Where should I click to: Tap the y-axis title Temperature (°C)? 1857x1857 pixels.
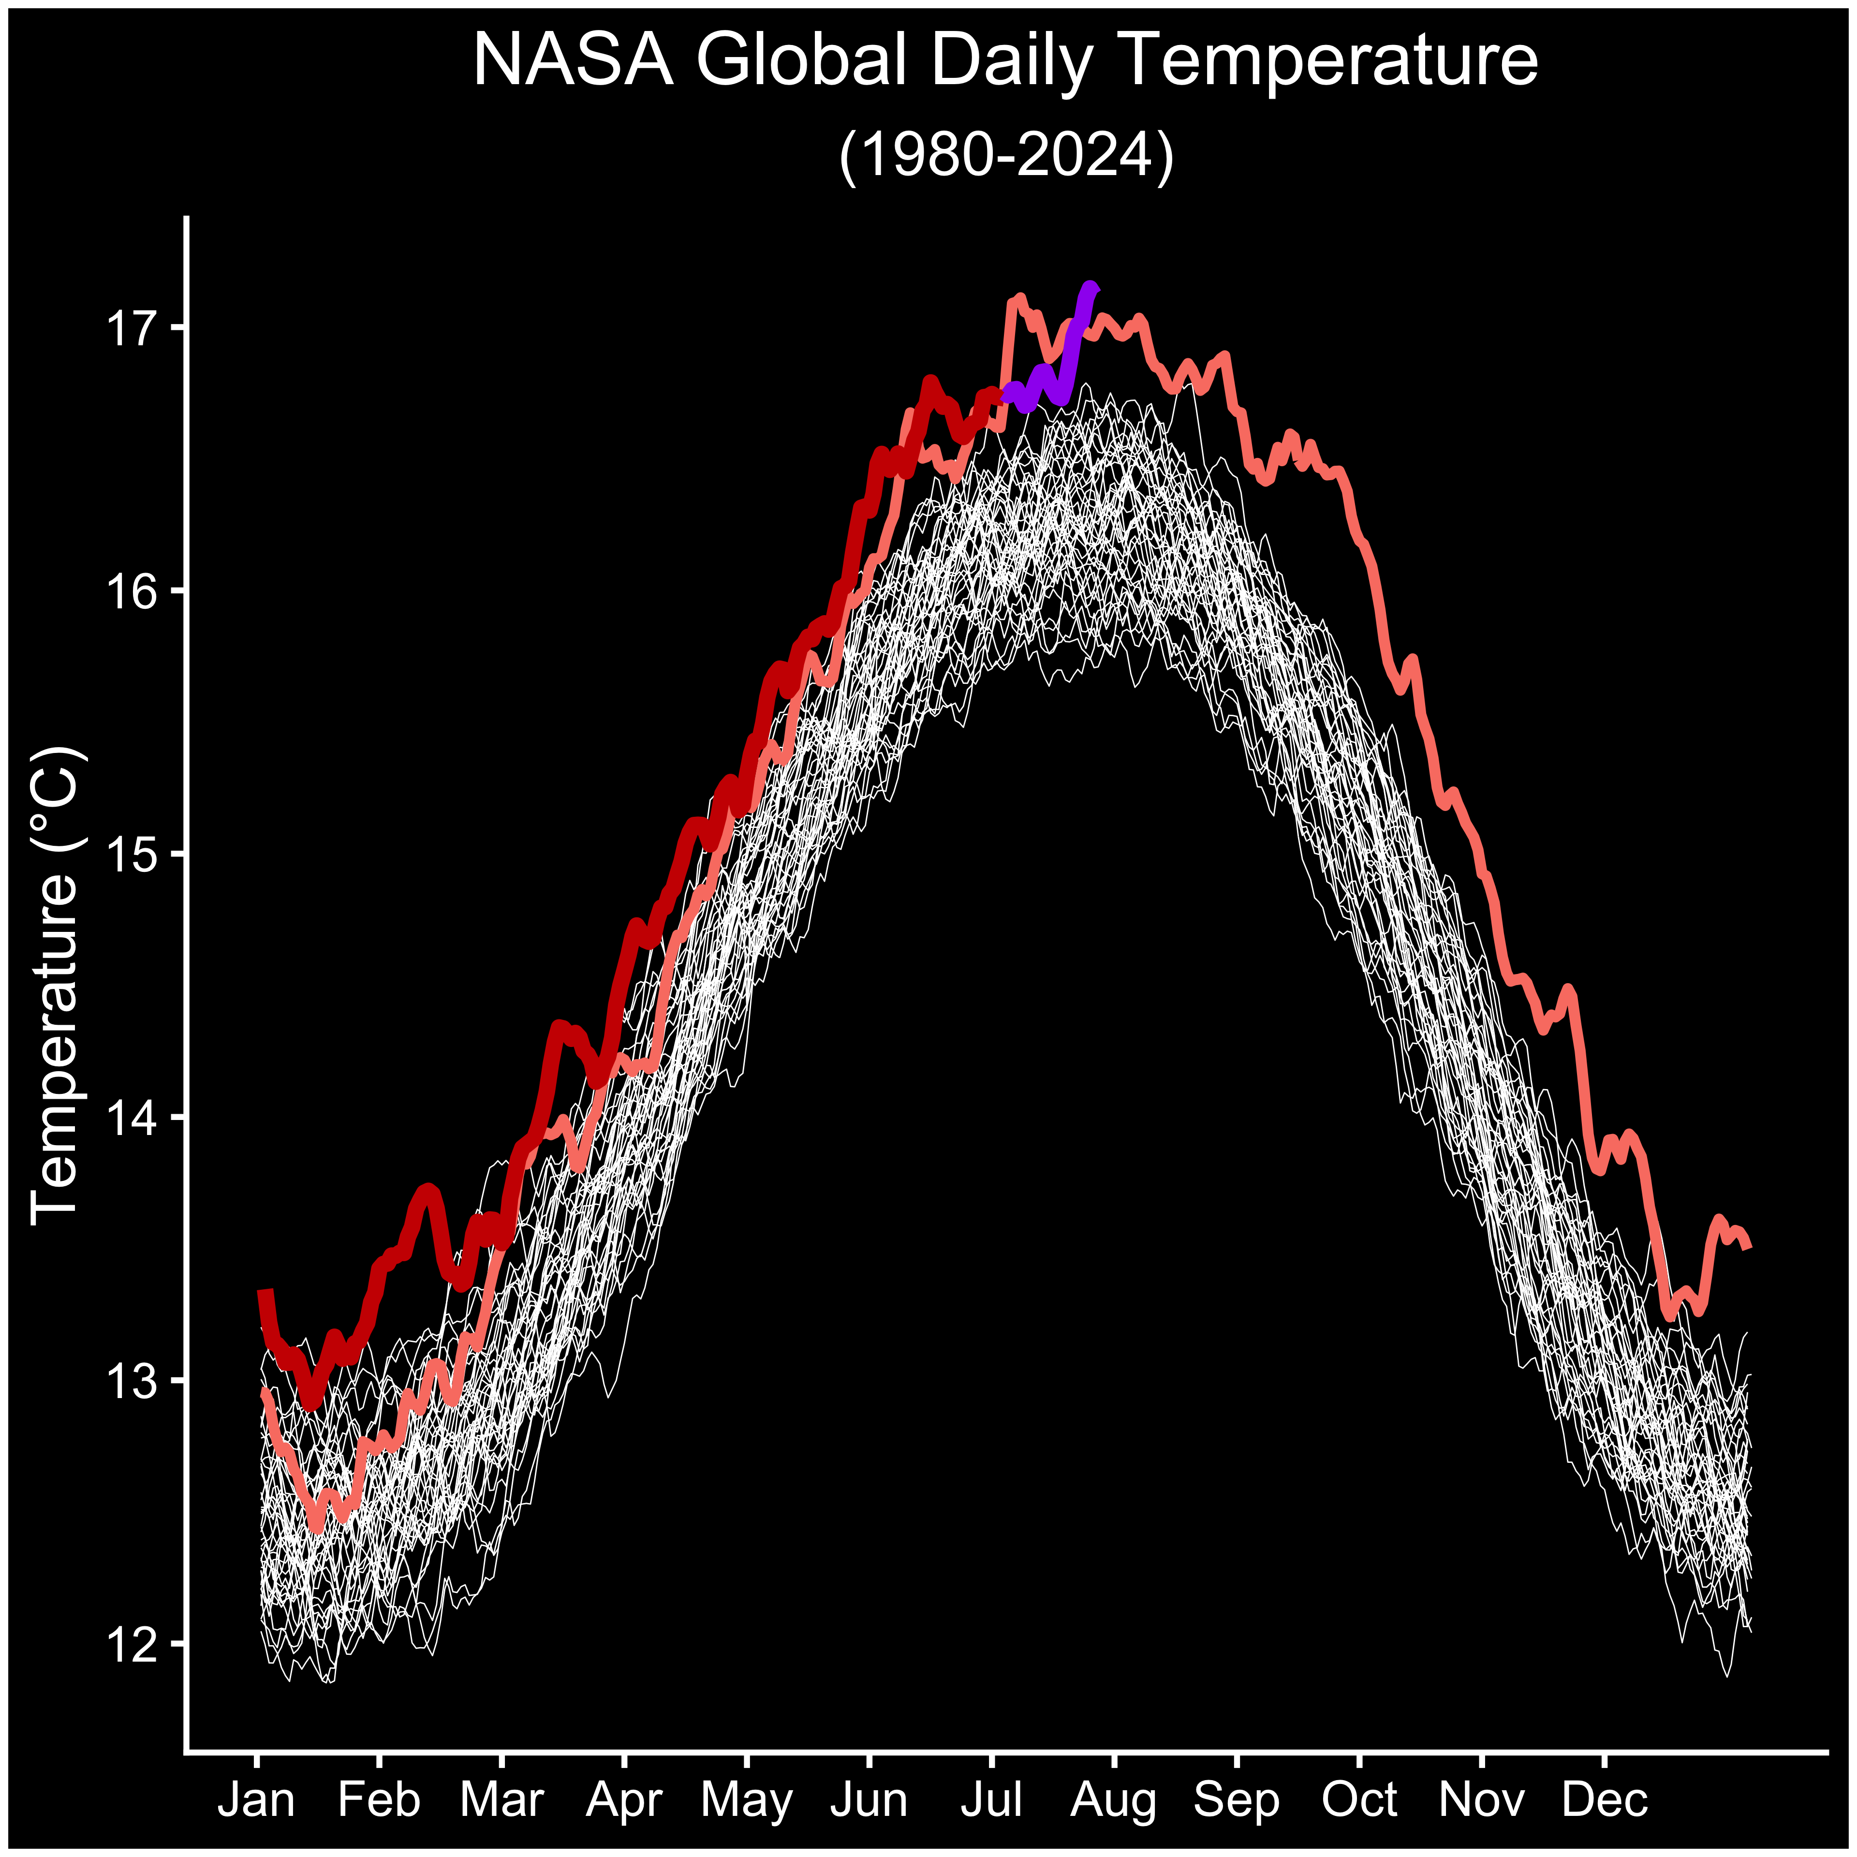click(x=56, y=985)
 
